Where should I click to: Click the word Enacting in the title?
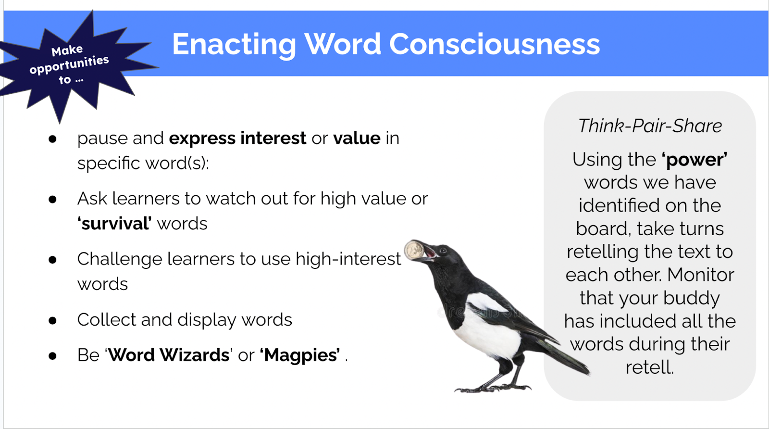point(234,45)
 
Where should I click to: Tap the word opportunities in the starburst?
point(69,64)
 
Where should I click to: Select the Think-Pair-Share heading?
point(650,126)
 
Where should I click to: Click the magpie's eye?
point(443,251)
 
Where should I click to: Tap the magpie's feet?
point(493,388)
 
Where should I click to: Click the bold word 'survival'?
point(114,224)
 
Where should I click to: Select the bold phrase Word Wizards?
point(169,355)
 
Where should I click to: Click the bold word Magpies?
point(300,355)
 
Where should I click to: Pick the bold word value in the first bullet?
point(357,138)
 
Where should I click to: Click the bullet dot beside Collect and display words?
point(52,321)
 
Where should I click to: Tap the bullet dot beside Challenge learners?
point(52,260)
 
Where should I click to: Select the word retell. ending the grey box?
point(649,367)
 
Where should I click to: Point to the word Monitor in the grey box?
point(701,275)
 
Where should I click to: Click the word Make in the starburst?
point(67,50)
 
